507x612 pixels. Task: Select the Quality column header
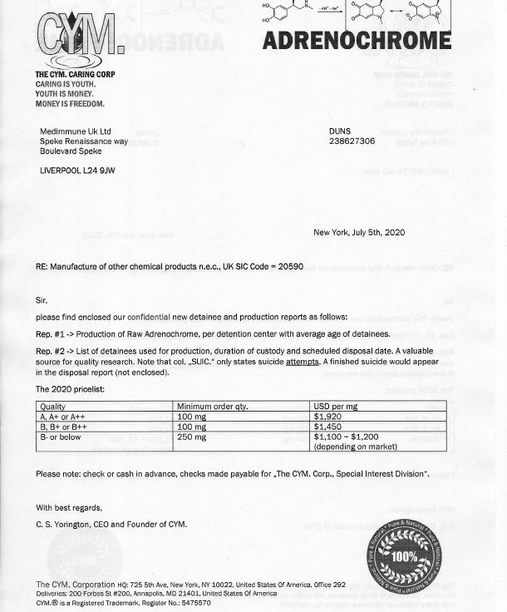click(x=53, y=406)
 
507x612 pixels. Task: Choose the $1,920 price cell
click(x=328, y=416)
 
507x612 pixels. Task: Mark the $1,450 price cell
click(x=328, y=426)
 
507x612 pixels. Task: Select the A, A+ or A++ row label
click(x=66, y=416)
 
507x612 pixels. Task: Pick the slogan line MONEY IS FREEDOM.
click(x=70, y=104)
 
